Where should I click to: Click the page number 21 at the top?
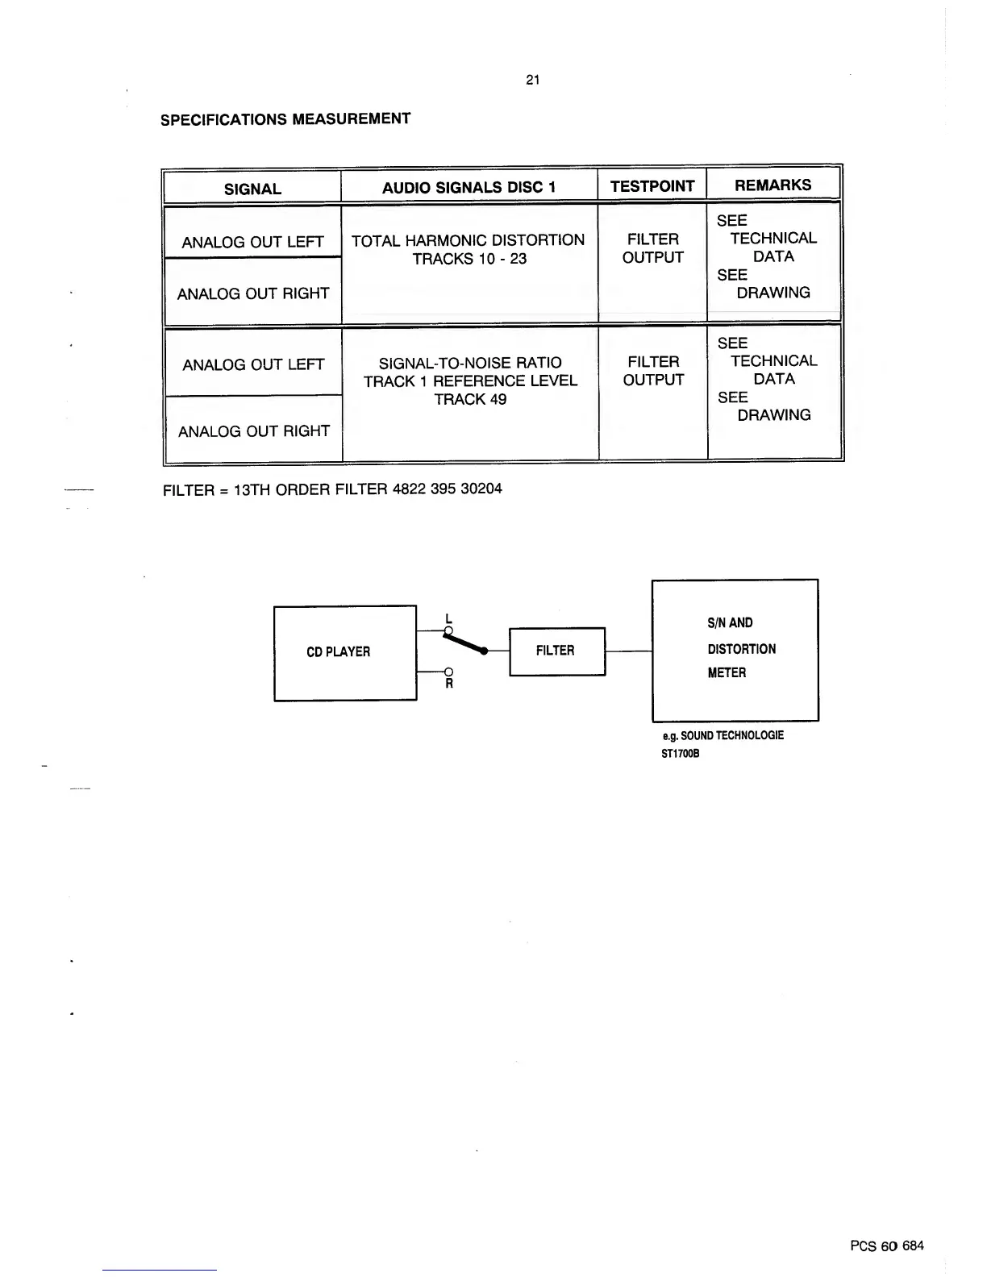(532, 80)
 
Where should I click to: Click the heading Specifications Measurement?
(285, 119)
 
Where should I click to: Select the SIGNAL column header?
(252, 189)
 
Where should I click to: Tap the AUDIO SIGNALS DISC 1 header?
(469, 188)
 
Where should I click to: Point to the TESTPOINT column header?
(652, 187)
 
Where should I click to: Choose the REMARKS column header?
(773, 185)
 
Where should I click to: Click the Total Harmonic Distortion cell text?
(468, 240)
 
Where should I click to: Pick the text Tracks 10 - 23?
(469, 259)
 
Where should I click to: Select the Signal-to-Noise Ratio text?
(470, 363)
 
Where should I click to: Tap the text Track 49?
(470, 399)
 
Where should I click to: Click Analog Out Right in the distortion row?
(253, 293)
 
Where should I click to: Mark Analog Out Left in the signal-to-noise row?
(253, 365)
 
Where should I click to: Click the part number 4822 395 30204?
(447, 489)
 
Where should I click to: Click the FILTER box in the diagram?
(556, 651)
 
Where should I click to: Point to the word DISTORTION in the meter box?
(741, 649)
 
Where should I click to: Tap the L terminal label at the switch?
(448, 619)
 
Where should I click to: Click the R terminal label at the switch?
(449, 684)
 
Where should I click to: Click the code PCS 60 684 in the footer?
(886, 1246)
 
